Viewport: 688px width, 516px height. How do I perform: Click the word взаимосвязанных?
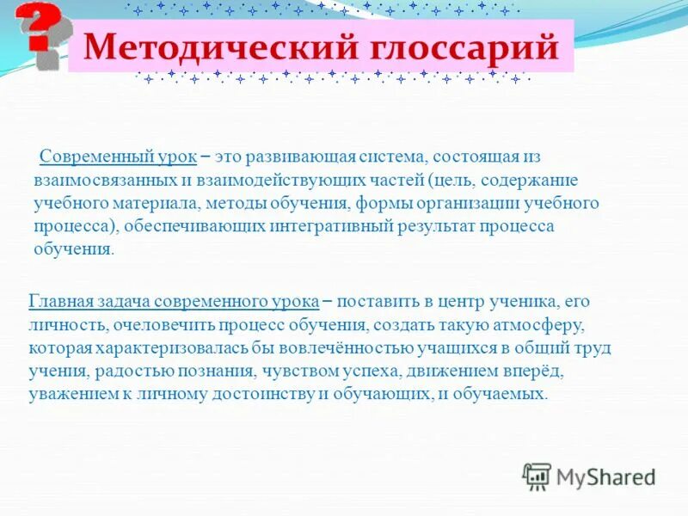coord(100,181)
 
